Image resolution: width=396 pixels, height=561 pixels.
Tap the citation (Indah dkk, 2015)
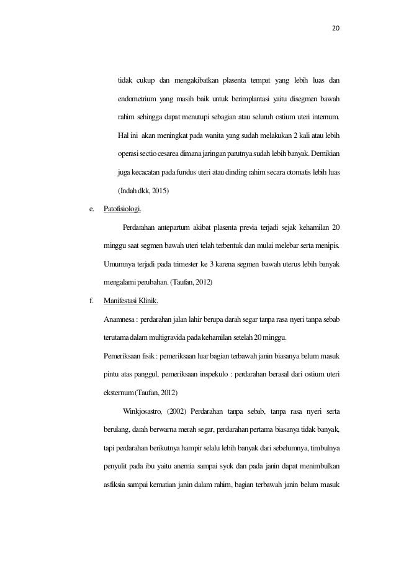coord(140,189)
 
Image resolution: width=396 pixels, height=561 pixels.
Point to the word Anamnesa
coord(120,320)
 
